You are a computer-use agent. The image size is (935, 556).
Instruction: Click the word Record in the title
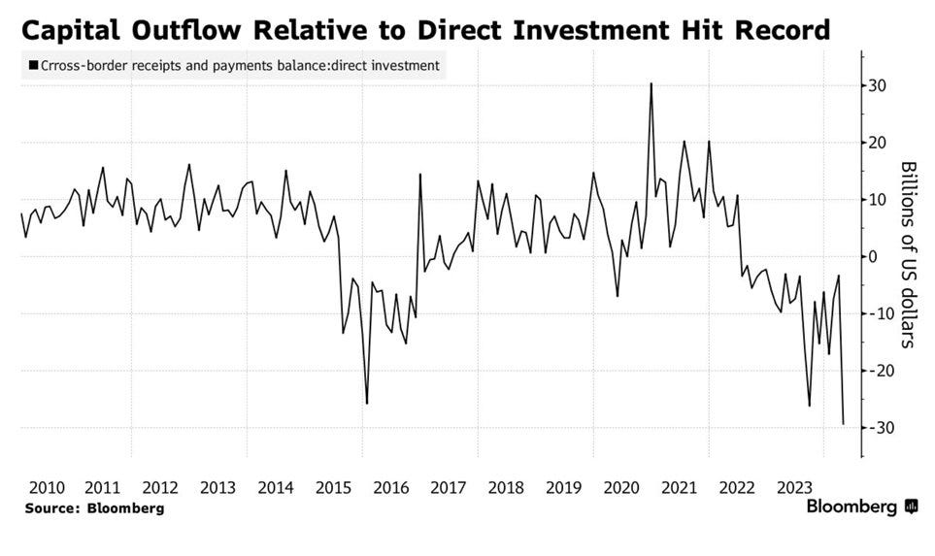[x=777, y=30]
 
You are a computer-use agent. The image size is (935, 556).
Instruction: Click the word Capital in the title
[x=73, y=30]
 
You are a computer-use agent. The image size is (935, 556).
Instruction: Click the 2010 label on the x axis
[x=46, y=487]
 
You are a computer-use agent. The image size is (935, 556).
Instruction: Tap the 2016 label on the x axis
[x=390, y=487]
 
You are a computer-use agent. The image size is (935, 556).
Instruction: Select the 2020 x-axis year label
[x=620, y=487]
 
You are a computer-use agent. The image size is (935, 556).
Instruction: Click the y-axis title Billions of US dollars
[x=908, y=254]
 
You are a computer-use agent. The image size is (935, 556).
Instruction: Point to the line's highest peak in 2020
[x=651, y=84]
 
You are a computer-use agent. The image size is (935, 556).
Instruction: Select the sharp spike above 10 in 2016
[x=420, y=175]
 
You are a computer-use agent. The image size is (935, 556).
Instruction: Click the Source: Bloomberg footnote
[x=94, y=508]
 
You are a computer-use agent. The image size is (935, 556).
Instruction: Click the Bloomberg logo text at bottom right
[x=852, y=507]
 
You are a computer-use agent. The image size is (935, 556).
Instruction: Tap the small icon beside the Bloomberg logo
[x=911, y=507]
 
